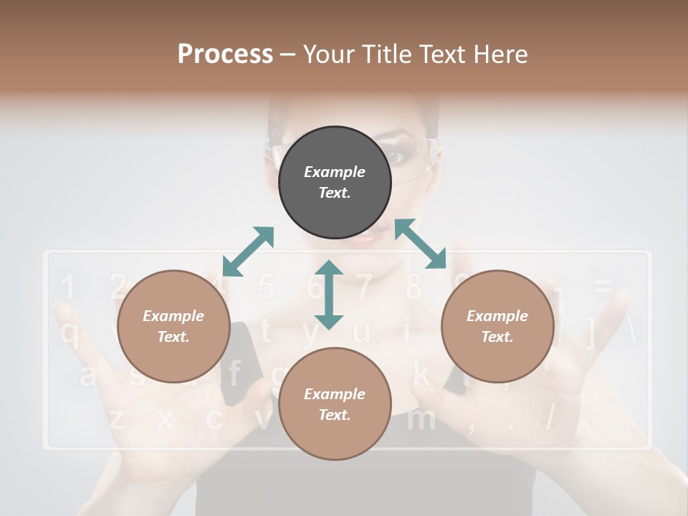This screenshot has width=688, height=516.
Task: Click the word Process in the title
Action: [225, 54]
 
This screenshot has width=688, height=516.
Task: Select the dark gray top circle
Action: [335, 183]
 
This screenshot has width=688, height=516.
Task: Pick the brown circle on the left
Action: [173, 327]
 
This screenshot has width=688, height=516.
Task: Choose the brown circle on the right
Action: [497, 327]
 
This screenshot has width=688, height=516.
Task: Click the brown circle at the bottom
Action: [335, 403]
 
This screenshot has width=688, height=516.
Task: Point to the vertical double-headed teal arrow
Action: [329, 295]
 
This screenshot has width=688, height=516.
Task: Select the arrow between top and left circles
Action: [248, 252]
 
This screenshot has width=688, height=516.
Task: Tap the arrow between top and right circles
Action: [421, 244]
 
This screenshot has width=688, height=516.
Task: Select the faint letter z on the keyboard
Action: [117, 419]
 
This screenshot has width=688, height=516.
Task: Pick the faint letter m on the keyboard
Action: [421, 419]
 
